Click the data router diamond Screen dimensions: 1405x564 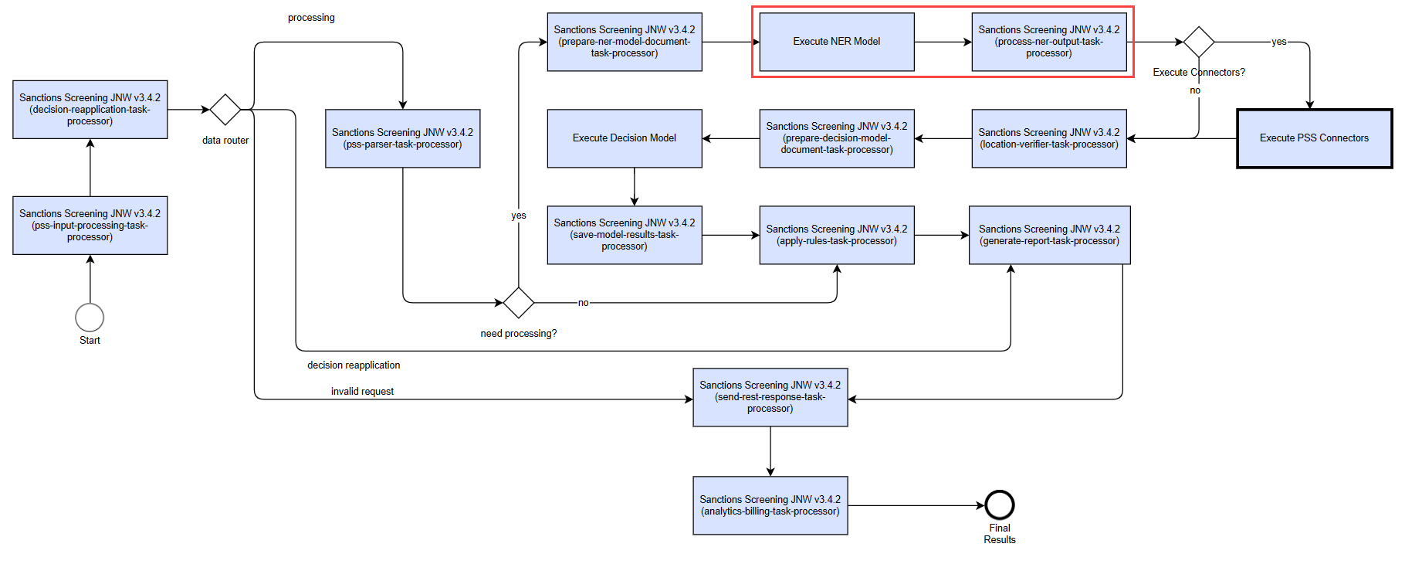click(225, 110)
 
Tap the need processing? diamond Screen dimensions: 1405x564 click(519, 303)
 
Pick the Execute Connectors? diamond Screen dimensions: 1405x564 click(1199, 42)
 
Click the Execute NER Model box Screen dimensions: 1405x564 click(837, 42)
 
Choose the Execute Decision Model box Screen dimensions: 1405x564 click(625, 138)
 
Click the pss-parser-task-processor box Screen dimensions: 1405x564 click(403, 138)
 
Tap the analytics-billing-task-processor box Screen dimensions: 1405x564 click(770, 505)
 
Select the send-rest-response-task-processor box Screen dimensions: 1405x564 click(770, 397)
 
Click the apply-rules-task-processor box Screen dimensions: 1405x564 click(837, 235)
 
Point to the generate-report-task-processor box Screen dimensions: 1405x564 click(1050, 235)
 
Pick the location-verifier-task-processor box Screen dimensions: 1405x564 click(1049, 138)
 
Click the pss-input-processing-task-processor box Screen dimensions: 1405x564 click(90, 226)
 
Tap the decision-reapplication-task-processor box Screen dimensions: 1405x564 click(90, 110)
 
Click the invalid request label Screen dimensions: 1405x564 click(362, 391)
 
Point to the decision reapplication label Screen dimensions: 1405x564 click(354, 365)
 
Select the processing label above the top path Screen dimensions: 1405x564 click(311, 17)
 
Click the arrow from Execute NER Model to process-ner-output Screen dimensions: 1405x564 click(943, 42)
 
